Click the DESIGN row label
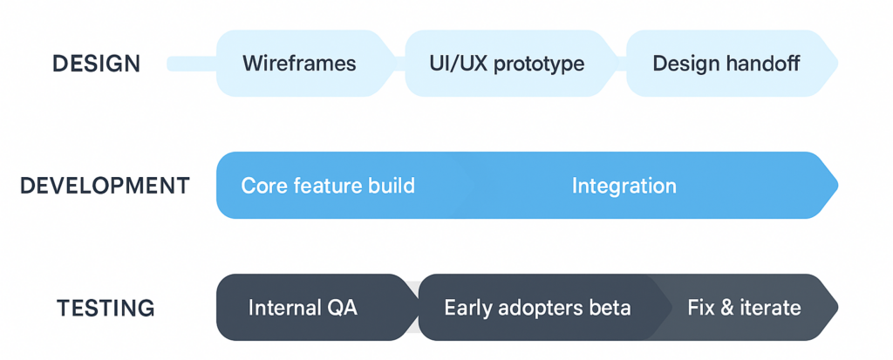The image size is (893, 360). (x=95, y=64)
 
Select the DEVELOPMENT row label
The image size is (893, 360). (x=105, y=186)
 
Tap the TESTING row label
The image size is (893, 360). (x=106, y=308)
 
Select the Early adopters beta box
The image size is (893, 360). (x=536, y=308)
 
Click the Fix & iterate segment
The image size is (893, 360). (x=744, y=308)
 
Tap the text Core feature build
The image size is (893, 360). (x=328, y=186)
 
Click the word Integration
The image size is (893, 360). (x=624, y=186)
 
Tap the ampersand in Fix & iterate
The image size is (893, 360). (x=726, y=308)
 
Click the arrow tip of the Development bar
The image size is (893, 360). (x=835, y=185)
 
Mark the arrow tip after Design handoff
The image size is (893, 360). (x=835, y=64)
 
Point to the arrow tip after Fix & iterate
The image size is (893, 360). (x=835, y=307)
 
